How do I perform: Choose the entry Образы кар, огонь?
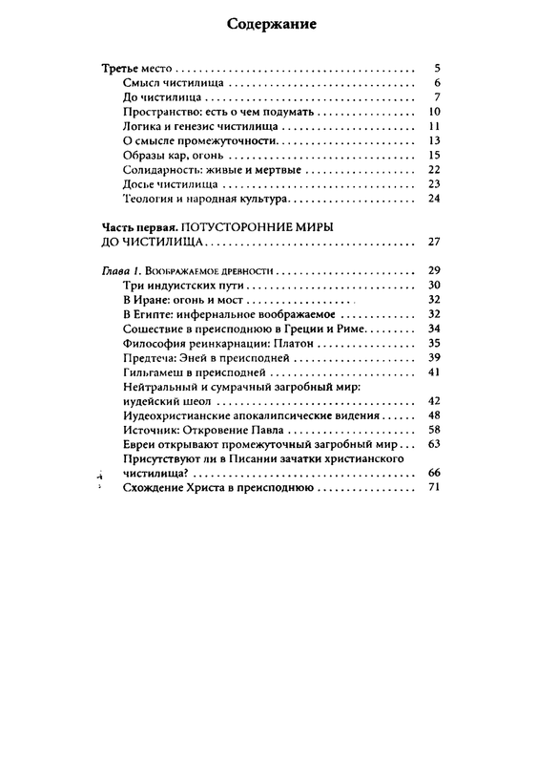pyautogui.click(x=173, y=156)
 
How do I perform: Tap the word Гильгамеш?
pyautogui.click(x=156, y=371)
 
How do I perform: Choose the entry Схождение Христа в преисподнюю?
pyautogui.click(x=219, y=488)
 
